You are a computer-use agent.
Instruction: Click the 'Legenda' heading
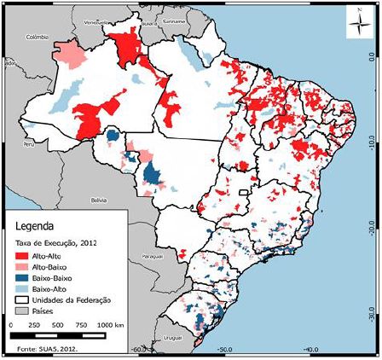(x=35, y=227)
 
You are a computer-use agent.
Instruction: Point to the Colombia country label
(x=39, y=38)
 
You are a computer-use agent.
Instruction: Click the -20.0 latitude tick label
(x=372, y=229)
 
